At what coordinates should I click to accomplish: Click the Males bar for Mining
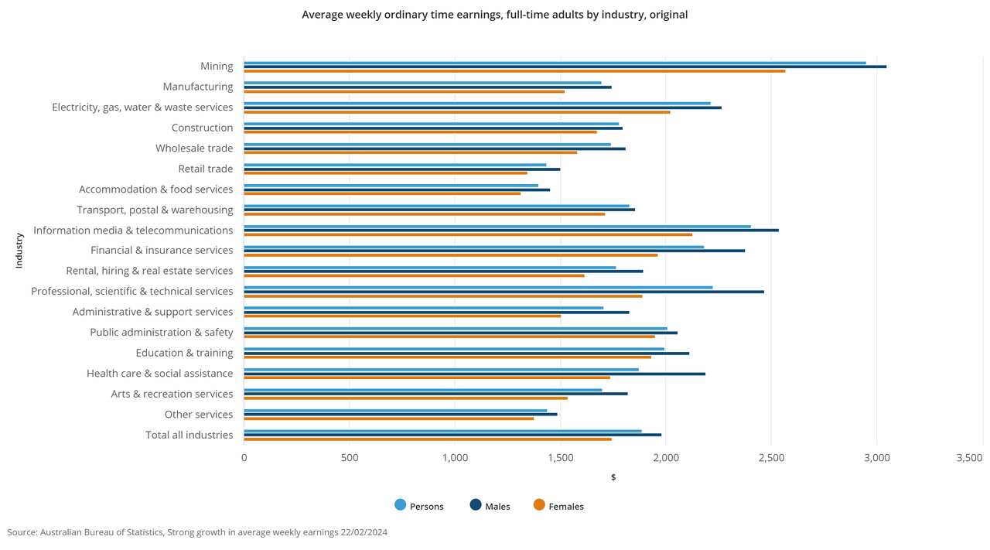[x=565, y=67]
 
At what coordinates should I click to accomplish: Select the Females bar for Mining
[x=514, y=71]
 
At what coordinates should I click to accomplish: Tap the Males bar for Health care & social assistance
[x=474, y=374]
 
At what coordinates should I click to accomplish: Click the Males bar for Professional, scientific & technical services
[x=504, y=292]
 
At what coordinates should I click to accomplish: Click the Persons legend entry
[x=419, y=506]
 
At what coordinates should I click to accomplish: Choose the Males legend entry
[x=490, y=506]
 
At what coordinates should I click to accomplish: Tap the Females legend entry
[x=558, y=506]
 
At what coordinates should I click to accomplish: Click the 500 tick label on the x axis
[x=350, y=458]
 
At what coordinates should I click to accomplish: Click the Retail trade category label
[x=205, y=169]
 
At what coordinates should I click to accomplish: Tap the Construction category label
[x=202, y=128]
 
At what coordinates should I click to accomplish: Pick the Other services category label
[x=198, y=415]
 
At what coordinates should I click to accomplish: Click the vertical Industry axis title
[x=19, y=251]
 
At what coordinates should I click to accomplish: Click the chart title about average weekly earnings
[x=494, y=15]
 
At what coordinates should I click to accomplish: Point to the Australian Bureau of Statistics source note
[x=197, y=532]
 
